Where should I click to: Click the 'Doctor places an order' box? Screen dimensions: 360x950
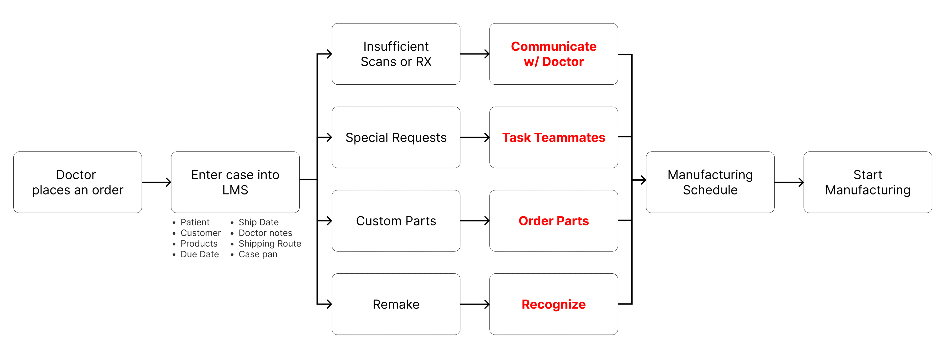(x=77, y=182)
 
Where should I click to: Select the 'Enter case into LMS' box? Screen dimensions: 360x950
(x=235, y=182)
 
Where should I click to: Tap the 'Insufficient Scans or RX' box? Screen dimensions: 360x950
(x=396, y=54)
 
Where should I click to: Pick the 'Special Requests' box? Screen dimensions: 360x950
(x=396, y=137)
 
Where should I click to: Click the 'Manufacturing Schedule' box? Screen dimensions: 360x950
(x=710, y=182)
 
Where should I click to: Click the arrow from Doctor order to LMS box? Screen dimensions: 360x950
(x=156, y=182)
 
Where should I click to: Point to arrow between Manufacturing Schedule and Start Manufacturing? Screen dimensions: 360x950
(x=789, y=182)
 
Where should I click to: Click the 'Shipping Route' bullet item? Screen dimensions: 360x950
(x=270, y=243)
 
